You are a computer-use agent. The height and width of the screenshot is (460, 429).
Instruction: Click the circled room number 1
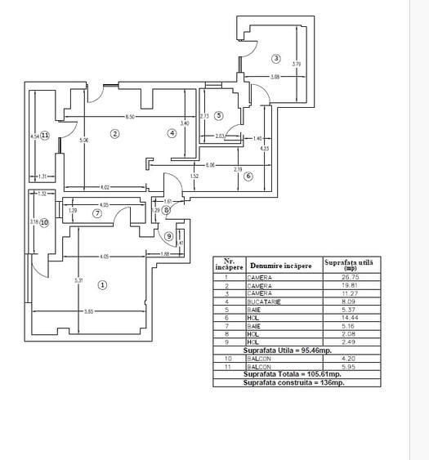pyautogui.click(x=102, y=284)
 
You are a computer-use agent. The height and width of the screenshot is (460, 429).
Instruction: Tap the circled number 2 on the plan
pyautogui.click(x=115, y=134)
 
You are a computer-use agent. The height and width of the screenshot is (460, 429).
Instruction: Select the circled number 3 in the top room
pyautogui.click(x=276, y=58)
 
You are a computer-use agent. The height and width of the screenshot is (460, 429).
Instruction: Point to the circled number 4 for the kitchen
pyautogui.click(x=172, y=133)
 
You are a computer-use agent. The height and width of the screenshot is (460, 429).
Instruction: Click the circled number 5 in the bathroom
pyautogui.click(x=219, y=115)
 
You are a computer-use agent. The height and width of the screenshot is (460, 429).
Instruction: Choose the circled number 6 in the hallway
pyautogui.click(x=248, y=176)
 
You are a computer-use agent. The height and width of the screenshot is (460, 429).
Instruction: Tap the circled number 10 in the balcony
pyautogui.click(x=44, y=221)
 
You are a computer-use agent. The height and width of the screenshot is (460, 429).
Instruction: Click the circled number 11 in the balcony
pyautogui.click(x=45, y=136)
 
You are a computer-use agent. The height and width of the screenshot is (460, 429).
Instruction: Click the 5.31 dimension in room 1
pyautogui.click(x=79, y=281)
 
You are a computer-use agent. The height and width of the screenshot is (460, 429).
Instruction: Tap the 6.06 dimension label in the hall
pyautogui.click(x=210, y=166)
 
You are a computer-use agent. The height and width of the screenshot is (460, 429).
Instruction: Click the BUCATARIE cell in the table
pyautogui.click(x=264, y=302)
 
